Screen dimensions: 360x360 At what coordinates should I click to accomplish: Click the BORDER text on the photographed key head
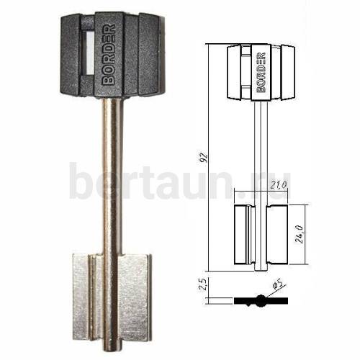click(109, 54)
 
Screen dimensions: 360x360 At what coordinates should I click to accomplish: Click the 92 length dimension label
click(204, 157)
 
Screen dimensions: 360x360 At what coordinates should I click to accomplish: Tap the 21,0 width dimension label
click(279, 185)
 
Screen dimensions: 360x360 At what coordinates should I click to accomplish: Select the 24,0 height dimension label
click(300, 235)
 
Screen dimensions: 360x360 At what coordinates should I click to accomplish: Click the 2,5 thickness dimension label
click(203, 284)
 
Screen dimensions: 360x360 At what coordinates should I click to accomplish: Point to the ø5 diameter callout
click(276, 285)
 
